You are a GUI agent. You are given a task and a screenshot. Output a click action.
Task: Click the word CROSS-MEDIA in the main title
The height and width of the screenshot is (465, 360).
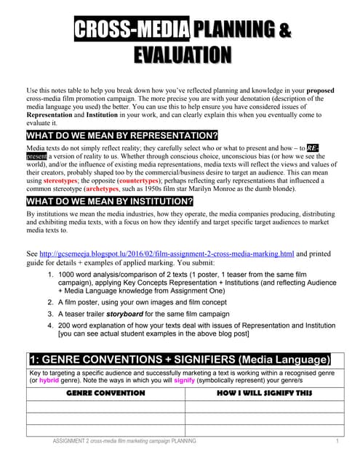133,30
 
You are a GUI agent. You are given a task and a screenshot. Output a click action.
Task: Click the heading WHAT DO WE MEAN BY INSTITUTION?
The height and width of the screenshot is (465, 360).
110,201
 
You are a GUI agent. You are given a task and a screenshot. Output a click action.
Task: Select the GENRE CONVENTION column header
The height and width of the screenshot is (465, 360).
105,393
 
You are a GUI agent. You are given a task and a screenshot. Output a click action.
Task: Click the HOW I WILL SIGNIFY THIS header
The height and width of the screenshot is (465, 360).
264,393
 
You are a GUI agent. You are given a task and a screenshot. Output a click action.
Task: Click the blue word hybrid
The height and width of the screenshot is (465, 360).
48,379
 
